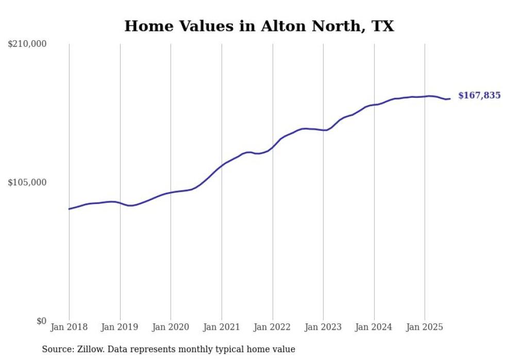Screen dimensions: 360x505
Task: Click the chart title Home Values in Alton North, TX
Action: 259,26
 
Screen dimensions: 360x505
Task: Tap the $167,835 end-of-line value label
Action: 479,96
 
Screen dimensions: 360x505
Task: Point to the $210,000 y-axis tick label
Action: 27,44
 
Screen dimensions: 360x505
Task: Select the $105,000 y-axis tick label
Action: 27,182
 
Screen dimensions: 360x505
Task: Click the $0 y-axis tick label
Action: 41,321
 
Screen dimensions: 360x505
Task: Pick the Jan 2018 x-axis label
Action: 69,327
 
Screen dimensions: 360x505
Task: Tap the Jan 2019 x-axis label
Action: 120,327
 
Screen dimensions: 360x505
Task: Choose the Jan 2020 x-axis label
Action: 171,327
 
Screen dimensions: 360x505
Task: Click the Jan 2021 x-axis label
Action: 222,327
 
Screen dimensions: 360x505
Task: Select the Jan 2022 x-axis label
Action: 273,327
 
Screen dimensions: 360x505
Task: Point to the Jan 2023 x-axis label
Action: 323,327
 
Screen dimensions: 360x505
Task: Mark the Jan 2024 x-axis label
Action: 374,327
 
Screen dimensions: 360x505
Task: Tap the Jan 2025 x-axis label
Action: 425,327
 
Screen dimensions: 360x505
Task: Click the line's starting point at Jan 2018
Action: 69,209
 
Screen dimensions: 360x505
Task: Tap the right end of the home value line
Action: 450,98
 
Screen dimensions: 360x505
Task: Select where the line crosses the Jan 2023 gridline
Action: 323,130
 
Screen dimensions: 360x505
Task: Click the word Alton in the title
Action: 281,26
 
